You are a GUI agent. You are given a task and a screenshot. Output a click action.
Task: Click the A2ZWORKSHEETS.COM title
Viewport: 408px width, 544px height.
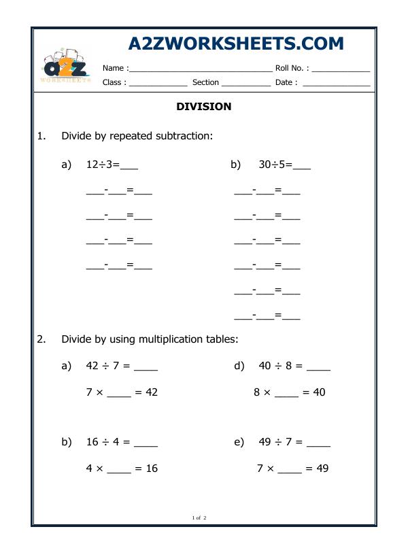coord(236,44)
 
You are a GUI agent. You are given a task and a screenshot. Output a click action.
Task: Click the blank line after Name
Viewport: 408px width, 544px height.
coord(200,69)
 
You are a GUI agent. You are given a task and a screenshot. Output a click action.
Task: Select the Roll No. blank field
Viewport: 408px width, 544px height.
coord(341,69)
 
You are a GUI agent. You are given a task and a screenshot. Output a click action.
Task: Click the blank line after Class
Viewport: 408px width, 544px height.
coord(158,84)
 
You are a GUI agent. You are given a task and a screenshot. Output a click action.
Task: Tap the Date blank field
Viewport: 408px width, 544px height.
coord(336,84)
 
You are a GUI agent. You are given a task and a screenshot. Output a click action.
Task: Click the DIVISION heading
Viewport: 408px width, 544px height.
coord(204,107)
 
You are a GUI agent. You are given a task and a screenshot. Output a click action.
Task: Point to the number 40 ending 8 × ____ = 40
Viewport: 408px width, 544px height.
coord(319,392)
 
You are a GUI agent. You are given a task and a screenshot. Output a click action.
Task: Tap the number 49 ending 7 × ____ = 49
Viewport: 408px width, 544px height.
coord(322,469)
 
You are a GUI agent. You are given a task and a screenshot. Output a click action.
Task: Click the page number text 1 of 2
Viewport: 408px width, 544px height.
coord(199,518)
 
